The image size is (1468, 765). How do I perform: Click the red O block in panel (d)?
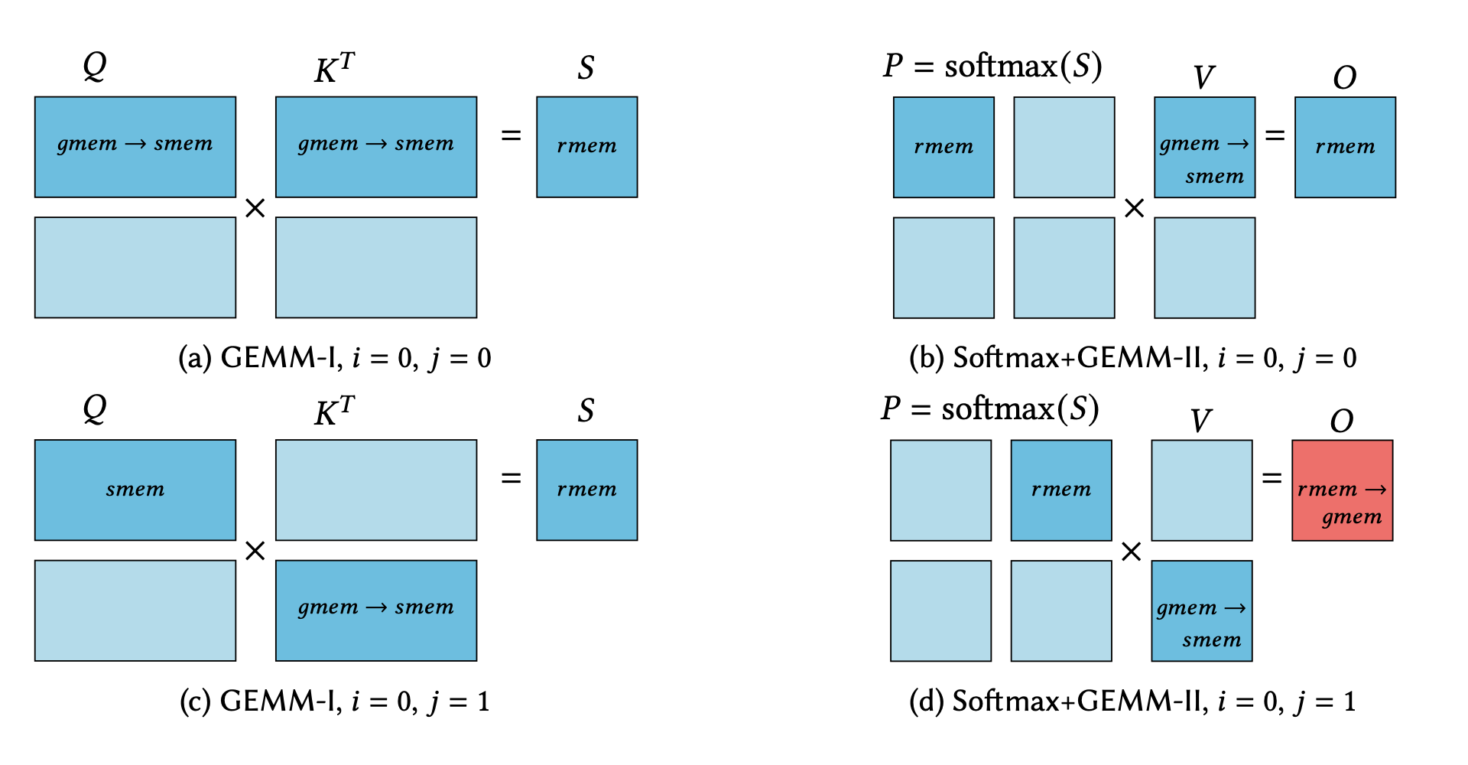(1342, 490)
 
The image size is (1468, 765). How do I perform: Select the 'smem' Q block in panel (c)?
(135, 490)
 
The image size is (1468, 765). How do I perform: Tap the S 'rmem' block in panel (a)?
(586, 147)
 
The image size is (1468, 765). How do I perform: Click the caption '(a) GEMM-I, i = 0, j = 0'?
(335, 357)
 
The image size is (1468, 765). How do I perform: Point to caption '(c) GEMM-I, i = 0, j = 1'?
(335, 701)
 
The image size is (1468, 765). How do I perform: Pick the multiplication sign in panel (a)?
(255, 208)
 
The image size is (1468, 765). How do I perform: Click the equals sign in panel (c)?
(511, 478)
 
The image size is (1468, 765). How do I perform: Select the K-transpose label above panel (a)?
(334, 69)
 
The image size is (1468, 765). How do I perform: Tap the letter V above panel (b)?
(1203, 77)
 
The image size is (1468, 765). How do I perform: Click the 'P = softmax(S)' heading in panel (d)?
(990, 409)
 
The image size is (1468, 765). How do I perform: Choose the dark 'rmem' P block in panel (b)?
(943, 147)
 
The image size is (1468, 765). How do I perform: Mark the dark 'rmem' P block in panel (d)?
(1061, 490)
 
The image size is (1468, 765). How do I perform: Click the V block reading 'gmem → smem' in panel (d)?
(1201, 610)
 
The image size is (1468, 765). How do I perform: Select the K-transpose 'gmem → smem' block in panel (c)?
(376, 610)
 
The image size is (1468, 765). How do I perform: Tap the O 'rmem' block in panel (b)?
(1345, 147)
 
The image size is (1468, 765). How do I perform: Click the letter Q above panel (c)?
(95, 409)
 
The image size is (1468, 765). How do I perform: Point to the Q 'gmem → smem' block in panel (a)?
(135, 147)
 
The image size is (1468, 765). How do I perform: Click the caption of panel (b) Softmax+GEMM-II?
(1132, 357)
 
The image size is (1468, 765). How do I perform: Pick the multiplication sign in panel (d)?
(1132, 552)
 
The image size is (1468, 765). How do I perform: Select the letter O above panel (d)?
(1342, 421)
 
